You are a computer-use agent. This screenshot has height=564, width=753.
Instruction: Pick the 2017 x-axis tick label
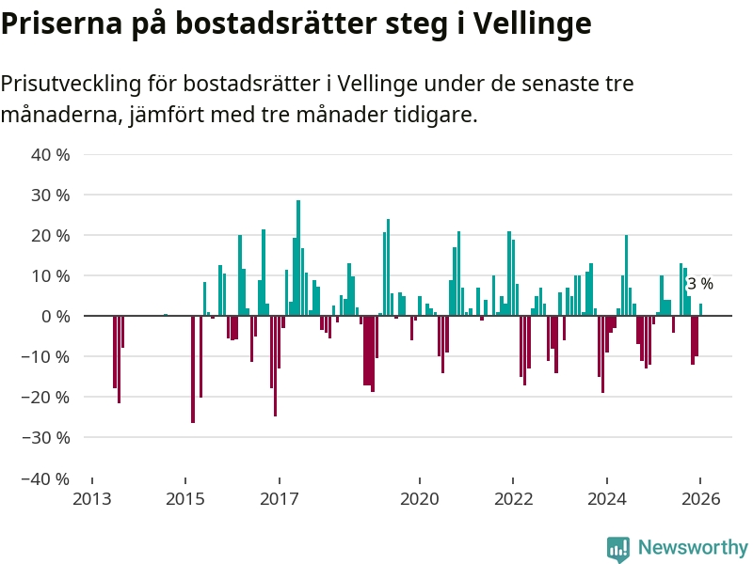pos(279,499)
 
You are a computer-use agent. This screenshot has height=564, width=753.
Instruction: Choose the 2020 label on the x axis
pos(420,499)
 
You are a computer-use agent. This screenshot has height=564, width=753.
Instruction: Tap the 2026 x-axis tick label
pos(701,499)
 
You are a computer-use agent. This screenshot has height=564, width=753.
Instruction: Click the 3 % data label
pos(700,284)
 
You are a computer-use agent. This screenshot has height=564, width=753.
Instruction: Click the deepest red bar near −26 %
pos(193,369)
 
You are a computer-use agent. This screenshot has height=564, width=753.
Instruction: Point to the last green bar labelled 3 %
pos(700,310)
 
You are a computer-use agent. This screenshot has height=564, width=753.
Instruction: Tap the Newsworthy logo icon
pos(617,548)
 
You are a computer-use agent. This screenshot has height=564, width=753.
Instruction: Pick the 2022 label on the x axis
pos(514,499)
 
